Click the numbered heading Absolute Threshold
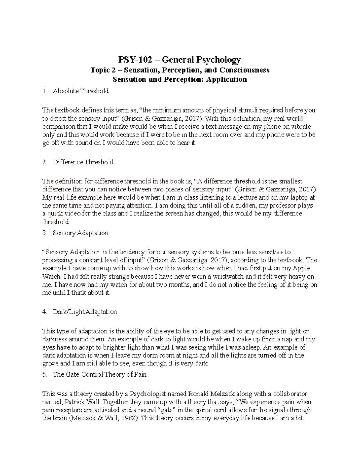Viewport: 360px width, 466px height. pyautogui.click(x=80, y=91)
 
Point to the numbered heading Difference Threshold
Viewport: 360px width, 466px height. pyautogui.click(x=83, y=162)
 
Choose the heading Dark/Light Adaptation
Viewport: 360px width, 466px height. pyautogui.click(x=85, y=312)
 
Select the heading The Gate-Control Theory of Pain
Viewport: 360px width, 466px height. pyautogui.click(x=100, y=375)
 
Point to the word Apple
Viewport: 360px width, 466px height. pyautogui.click(x=301, y=268)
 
